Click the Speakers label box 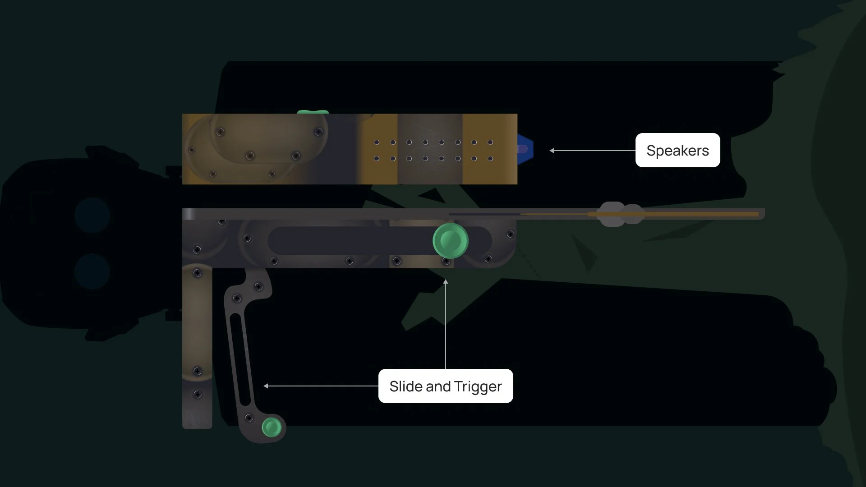677,150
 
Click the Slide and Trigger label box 445,386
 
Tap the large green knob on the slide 450,240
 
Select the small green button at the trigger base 272,427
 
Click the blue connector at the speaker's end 525,149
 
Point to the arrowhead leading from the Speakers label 552,151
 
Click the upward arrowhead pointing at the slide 446,282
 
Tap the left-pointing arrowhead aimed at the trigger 266,386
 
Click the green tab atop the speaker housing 313,112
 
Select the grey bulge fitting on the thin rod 620,214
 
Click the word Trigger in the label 478,386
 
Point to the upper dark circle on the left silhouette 92,215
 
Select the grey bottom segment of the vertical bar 197,406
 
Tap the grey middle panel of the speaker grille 430,149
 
